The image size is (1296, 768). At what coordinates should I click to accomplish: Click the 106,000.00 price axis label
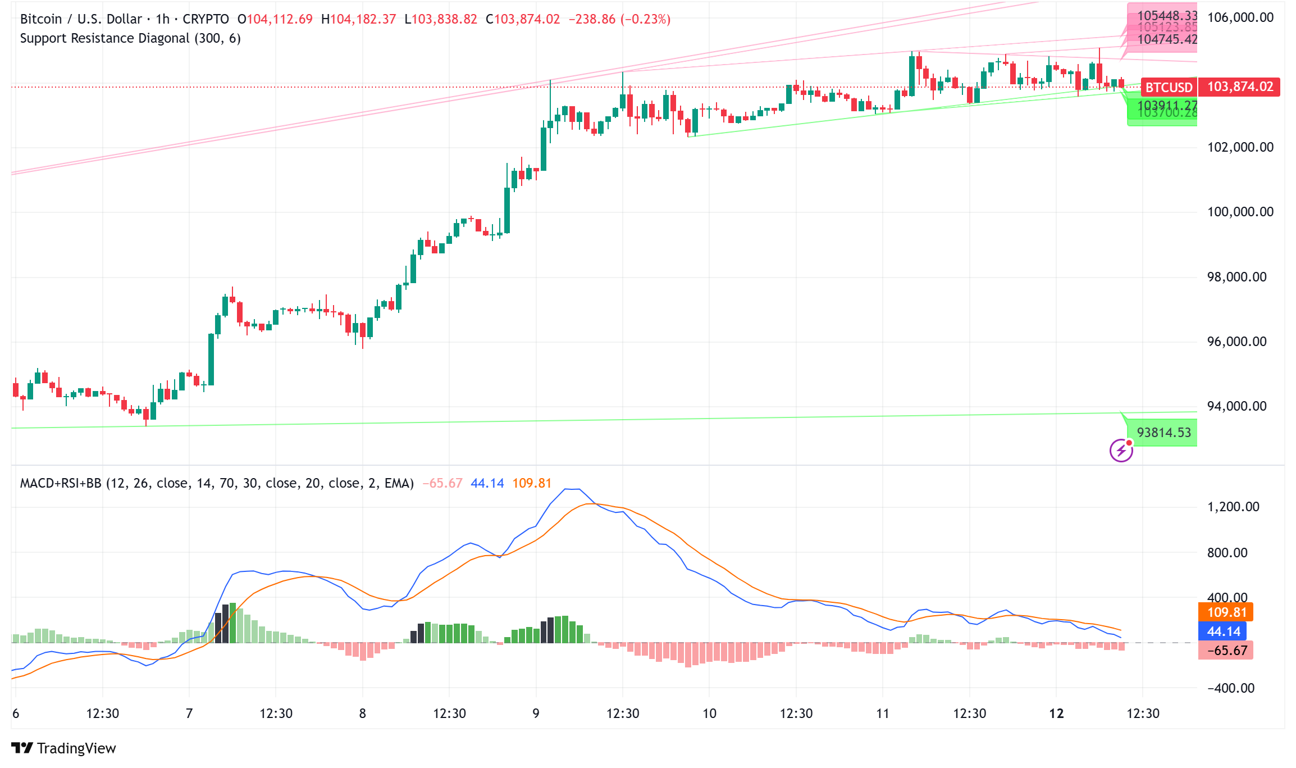pos(1240,17)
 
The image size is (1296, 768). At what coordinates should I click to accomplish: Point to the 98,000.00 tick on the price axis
pos(1236,277)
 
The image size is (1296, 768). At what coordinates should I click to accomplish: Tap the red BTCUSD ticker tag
pos(1168,87)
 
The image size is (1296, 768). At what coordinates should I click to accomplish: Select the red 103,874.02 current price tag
pos(1240,87)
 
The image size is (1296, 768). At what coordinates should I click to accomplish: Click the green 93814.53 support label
pos(1163,433)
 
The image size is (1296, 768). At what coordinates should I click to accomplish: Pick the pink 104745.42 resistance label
pos(1167,39)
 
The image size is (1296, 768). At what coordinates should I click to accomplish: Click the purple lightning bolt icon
pos(1121,450)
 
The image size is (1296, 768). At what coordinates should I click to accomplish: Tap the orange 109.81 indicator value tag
pos(1226,612)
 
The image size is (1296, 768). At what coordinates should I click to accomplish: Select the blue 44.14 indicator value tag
pos(1223,631)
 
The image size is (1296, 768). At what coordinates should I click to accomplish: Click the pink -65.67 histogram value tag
pos(1226,651)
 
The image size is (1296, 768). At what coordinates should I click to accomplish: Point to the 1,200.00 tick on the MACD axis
pos(1233,507)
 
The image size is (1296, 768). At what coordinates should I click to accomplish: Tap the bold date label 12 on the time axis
pos(1056,714)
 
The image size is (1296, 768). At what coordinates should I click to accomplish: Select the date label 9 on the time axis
pos(536,714)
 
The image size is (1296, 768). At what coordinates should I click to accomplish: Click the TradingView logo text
pos(76,748)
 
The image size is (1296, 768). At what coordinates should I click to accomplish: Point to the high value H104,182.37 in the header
pos(358,19)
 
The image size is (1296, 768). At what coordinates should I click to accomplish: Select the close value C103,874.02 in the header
pos(523,19)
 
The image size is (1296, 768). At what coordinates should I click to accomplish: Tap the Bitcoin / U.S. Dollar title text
pos(81,19)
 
